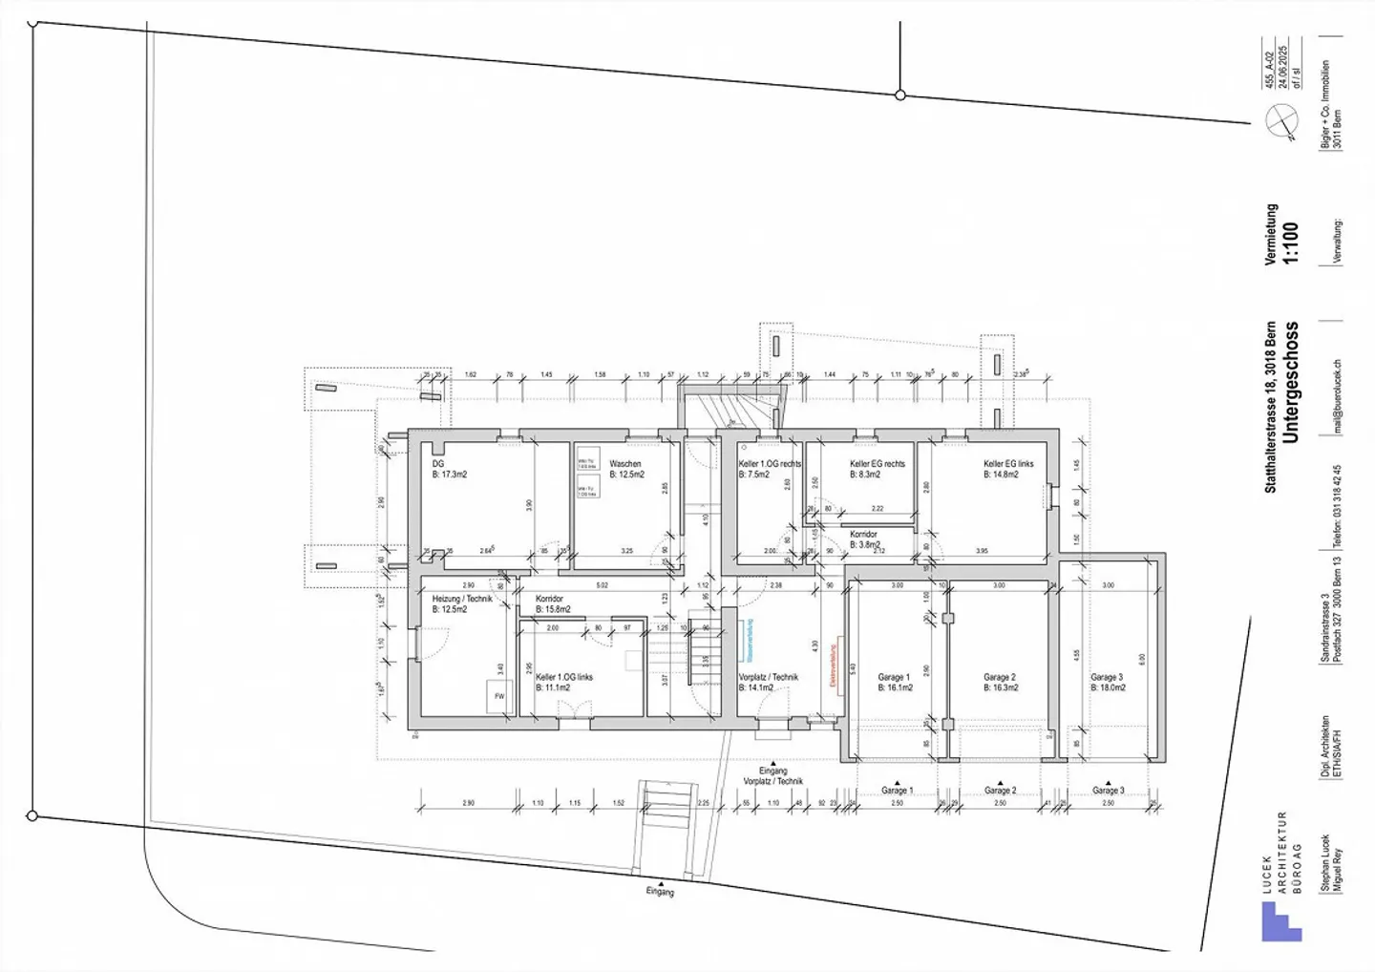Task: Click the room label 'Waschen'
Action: (x=625, y=464)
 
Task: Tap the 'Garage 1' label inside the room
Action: (x=895, y=678)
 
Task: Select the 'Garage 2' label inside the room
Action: (x=1000, y=678)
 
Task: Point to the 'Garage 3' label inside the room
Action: (x=1107, y=678)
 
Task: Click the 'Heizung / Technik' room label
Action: (x=462, y=599)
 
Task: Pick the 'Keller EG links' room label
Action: (x=1008, y=464)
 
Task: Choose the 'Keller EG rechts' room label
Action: (x=877, y=464)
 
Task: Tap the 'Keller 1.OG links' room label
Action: (x=564, y=677)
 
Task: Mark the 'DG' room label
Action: (x=438, y=464)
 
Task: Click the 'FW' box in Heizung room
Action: (x=498, y=696)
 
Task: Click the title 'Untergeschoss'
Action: (x=1291, y=382)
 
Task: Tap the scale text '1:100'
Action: (x=1291, y=243)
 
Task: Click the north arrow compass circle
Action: (x=1282, y=121)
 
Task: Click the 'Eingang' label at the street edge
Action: (x=660, y=892)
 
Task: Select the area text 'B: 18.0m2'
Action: (x=1108, y=687)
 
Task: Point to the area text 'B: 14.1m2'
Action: (x=755, y=687)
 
